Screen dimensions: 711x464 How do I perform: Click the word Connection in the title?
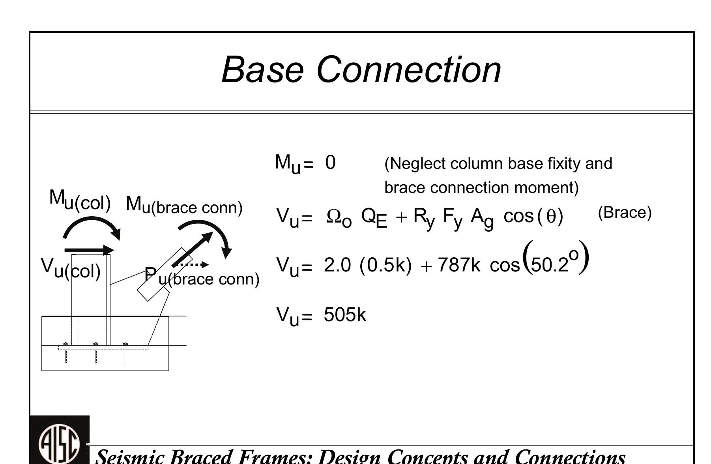(409, 69)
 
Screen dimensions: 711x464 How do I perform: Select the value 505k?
(345, 315)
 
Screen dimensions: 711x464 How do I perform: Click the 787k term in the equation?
(459, 265)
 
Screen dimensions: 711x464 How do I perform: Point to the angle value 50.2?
(550, 265)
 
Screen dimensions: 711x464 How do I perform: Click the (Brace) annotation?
(625, 213)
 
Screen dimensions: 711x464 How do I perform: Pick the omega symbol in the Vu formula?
(334, 216)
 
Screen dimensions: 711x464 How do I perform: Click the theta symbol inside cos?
(551, 217)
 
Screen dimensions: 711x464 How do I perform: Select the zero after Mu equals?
(330, 163)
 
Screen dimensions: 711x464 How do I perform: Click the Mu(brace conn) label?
(184, 205)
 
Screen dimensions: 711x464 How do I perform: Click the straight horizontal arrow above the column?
(89, 250)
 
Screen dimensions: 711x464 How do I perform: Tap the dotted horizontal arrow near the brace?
(190, 265)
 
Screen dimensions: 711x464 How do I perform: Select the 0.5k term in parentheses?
(385, 265)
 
